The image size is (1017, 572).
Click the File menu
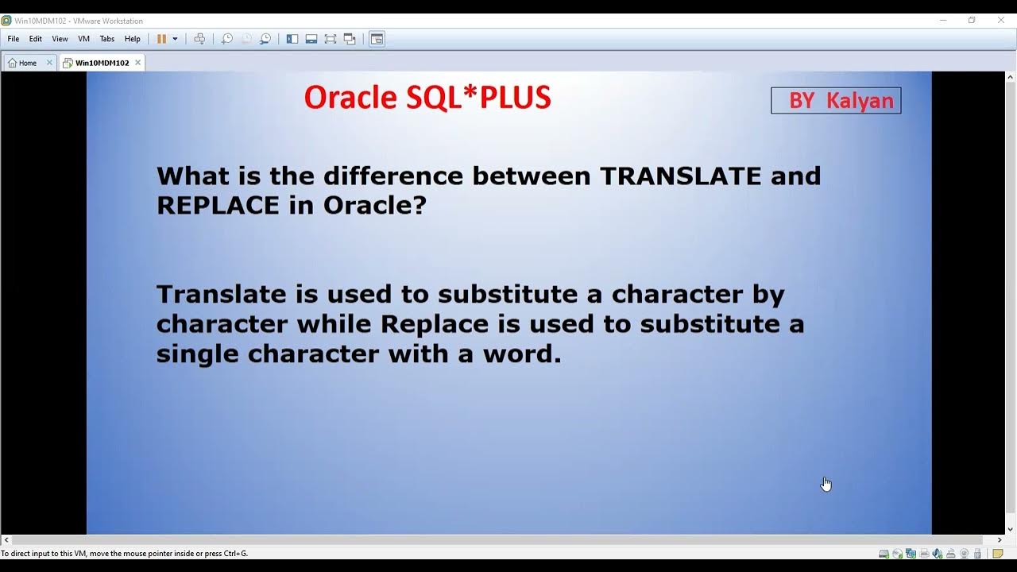[x=14, y=39]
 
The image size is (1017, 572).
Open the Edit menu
[x=36, y=39]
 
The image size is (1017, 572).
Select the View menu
[x=60, y=39]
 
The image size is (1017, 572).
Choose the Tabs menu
[x=107, y=39]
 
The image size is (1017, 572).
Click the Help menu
[x=133, y=39]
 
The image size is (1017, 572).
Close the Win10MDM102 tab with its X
[x=137, y=62]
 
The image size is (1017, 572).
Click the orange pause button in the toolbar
[x=161, y=39]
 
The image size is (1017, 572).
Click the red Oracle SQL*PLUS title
[x=427, y=98]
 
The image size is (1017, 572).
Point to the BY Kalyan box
[x=836, y=101]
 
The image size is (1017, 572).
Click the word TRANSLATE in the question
[x=682, y=176]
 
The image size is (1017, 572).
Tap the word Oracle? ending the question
[x=375, y=205]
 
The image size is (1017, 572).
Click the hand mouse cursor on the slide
[x=826, y=484]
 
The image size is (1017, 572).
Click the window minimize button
[x=943, y=21]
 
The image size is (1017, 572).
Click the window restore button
[x=972, y=21]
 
